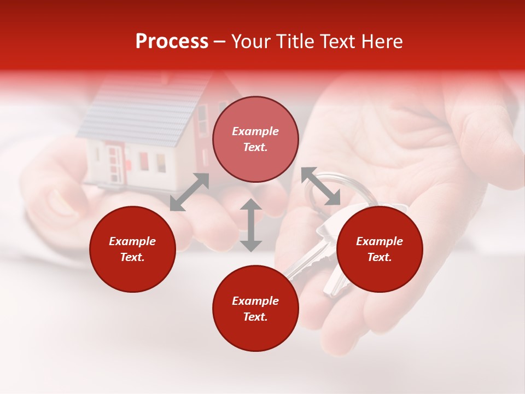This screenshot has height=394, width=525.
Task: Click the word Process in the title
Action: (172, 42)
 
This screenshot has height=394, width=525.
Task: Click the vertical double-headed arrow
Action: (251, 225)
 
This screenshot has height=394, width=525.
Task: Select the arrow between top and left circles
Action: (189, 192)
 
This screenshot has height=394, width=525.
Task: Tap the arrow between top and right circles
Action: (320, 187)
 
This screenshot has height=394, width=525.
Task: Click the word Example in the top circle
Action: (255, 131)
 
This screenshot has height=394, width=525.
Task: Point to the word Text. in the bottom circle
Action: (255, 317)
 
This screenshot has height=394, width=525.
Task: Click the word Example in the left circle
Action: (132, 241)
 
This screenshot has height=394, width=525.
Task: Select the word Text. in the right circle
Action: (380, 257)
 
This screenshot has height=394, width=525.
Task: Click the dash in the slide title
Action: (220, 42)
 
